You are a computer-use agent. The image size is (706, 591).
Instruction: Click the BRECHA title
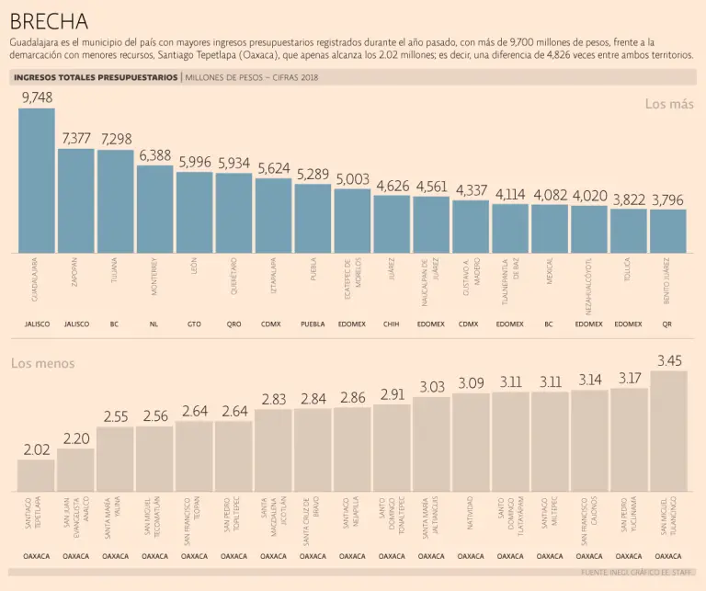[50, 20]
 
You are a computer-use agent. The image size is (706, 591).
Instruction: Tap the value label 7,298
[116, 139]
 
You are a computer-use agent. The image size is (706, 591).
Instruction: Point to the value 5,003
[352, 178]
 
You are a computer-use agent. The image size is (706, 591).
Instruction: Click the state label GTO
[194, 324]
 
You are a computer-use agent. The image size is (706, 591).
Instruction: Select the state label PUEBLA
[313, 324]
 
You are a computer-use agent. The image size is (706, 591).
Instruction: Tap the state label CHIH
[392, 324]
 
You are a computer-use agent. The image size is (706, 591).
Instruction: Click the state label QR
[667, 324]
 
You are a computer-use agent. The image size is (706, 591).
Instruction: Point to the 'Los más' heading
[669, 104]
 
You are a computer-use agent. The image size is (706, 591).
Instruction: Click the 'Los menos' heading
[43, 363]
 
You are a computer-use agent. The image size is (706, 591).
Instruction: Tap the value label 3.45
[668, 360]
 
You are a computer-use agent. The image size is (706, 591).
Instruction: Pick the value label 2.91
[392, 394]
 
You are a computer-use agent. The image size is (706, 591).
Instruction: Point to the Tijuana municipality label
[115, 273]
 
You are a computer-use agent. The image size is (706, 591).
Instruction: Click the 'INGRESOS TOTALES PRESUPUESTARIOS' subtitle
[96, 78]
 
